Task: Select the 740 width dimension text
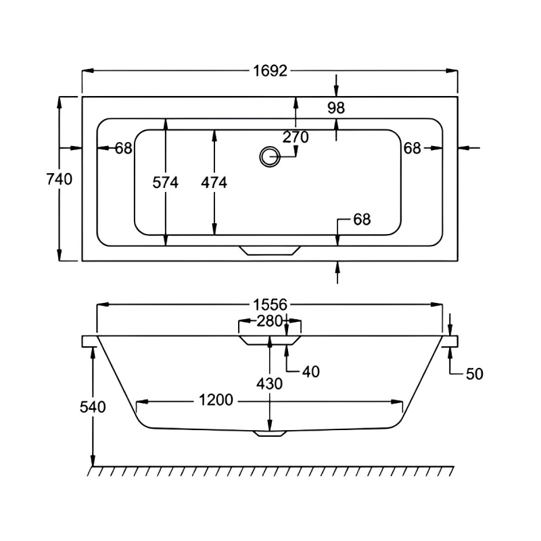[x=58, y=179]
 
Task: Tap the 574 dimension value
[x=165, y=182]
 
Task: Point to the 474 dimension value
[x=214, y=182]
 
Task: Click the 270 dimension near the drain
[x=296, y=137]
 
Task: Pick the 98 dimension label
[x=336, y=108]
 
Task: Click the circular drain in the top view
[x=268, y=157]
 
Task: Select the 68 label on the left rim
[x=123, y=148]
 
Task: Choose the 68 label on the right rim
[x=413, y=148]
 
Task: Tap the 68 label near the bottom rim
[x=362, y=219]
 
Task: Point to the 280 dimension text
[x=270, y=321]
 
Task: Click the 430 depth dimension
[x=270, y=383]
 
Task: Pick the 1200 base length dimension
[x=216, y=400]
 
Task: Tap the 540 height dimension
[x=93, y=407]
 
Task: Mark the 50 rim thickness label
[x=475, y=373]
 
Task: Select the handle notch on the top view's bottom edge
[x=268, y=250]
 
